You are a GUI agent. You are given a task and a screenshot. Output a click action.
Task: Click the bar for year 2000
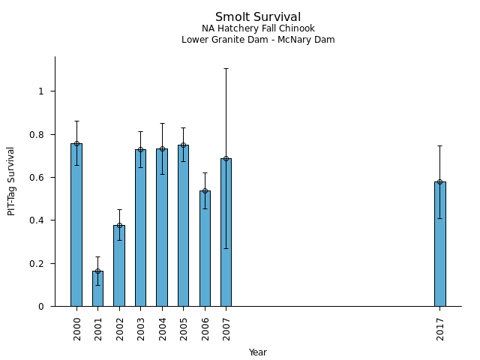pos(76,225)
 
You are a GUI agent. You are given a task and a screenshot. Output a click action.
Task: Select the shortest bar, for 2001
pos(97,289)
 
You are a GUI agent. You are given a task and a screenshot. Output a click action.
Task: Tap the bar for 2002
pos(119,266)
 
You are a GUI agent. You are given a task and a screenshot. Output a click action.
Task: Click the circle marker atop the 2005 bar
pos(183,145)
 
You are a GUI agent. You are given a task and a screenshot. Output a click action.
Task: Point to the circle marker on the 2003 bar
pos(140,149)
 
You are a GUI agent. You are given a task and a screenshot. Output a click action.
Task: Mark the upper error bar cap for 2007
pos(226,68)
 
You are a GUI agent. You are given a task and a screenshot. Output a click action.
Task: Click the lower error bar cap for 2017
pos(439,218)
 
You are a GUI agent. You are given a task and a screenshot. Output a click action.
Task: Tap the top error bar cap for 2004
pos(162,124)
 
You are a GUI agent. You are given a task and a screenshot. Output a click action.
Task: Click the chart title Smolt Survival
pos(258,17)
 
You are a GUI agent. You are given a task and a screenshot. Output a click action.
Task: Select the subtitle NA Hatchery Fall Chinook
pos(258,28)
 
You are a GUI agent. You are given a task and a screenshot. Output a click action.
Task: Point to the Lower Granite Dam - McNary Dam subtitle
pos(258,40)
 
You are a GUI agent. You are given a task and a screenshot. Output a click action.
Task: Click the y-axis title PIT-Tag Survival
pos(11,181)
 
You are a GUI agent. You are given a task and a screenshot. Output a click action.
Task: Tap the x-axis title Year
pos(258,352)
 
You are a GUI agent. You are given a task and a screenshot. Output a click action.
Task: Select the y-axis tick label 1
pos(42,91)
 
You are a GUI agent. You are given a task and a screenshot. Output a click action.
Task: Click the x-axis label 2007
pos(226,328)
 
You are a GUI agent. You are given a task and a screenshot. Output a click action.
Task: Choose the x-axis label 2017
pos(440,328)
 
